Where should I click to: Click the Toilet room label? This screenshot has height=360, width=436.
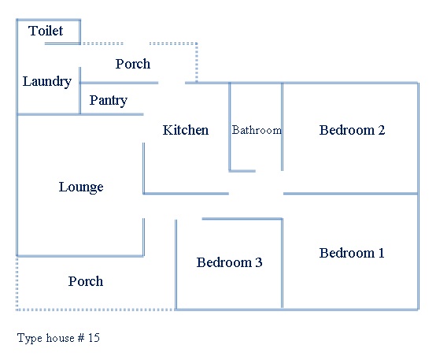pyautogui.click(x=46, y=31)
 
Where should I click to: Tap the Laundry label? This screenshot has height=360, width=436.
pyautogui.click(x=47, y=82)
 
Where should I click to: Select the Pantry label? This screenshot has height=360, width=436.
pyautogui.click(x=108, y=101)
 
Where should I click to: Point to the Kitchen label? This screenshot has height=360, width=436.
pyautogui.click(x=186, y=130)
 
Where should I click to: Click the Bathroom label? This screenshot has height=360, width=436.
pyautogui.click(x=257, y=130)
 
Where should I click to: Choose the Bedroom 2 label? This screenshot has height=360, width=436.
pyautogui.click(x=352, y=130)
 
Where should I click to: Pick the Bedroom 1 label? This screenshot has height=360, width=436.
pyautogui.click(x=352, y=253)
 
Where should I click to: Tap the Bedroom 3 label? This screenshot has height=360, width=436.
pyautogui.click(x=229, y=262)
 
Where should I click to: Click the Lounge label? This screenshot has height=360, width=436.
pyautogui.click(x=81, y=187)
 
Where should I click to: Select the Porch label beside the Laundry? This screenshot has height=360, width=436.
pyautogui.click(x=133, y=64)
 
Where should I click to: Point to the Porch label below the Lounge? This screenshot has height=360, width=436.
pyautogui.click(x=86, y=281)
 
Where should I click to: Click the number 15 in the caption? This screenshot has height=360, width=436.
pyautogui.click(x=94, y=338)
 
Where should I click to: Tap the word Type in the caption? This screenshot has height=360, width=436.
pyautogui.click(x=30, y=338)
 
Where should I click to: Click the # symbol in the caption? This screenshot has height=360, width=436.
pyautogui.click(x=81, y=338)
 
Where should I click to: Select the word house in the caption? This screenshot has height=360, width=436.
pyautogui.click(x=60, y=338)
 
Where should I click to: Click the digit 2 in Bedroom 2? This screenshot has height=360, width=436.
pyautogui.click(x=382, y=130)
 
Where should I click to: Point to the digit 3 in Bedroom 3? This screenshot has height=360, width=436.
pyautogui.click(x=259, y=262)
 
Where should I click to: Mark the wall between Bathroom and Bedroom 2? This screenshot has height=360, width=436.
pyautogui.click(x=283, y=127)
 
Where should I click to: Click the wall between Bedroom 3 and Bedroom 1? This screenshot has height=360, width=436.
pyautogui.click(x=283, y=263)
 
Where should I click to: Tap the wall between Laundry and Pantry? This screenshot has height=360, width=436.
pyautogui.click(x=79, y=91)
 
